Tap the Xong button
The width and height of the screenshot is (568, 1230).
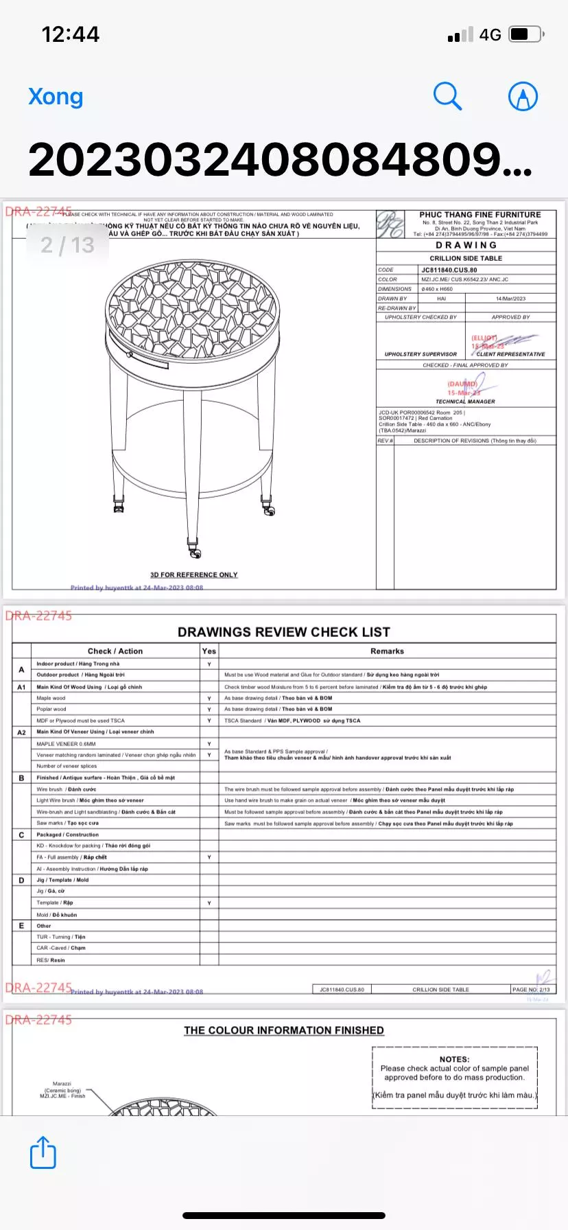click(56, 97)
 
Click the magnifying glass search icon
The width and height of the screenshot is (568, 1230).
click(447, 96)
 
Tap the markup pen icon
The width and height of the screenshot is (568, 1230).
click(523, 97)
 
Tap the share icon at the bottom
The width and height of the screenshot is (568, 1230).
click(43, 1152)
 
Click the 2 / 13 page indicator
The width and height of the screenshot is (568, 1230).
click(67, 245)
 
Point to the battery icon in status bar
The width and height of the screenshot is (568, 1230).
click(528, 34)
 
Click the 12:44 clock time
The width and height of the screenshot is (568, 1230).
click(70, 34)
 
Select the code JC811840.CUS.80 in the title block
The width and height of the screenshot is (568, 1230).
click(449, 270)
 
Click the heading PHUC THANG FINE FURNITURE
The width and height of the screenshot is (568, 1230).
click(480, 215)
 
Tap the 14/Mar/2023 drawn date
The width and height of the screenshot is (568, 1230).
click(510, 299)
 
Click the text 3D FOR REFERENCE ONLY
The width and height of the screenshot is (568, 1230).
click(194, 575)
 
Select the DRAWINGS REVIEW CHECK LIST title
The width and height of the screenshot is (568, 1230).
click(284, 632)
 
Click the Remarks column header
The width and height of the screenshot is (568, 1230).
click(387, 651)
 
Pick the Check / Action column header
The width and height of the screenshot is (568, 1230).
click(115, 651)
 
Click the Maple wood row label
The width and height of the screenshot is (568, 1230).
click(51, 698)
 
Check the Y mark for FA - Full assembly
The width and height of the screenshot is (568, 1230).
click(209, 857)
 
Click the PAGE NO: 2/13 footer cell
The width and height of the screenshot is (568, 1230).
click(532, 989)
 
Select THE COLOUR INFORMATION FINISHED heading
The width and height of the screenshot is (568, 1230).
click(284, 1030)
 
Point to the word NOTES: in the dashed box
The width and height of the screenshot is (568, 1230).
click(455, 1059)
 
